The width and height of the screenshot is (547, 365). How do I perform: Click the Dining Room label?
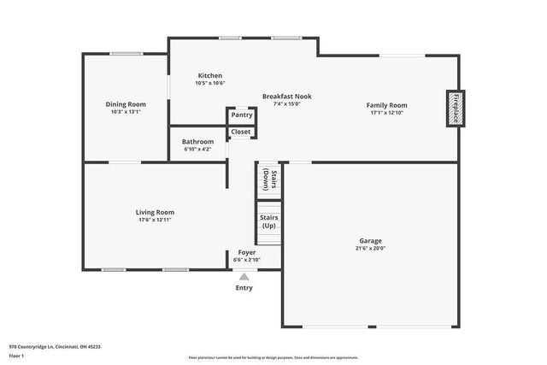(x=125, y=104)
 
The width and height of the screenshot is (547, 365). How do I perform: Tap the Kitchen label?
(x=210, y=75)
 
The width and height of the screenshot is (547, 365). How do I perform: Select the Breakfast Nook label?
(x=286, y=97)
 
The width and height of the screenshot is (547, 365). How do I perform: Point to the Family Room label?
(x=387, y=104)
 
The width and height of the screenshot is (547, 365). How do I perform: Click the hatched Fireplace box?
(x=455, y=109)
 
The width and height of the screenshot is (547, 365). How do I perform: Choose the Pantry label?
(x=241, y=115)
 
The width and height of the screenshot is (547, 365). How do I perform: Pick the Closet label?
(x=241, y=132)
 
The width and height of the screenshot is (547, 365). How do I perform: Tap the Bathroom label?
(x=198, y=141)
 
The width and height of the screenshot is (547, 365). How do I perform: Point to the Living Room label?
(x=155, y=212)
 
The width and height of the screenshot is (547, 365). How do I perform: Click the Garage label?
(x=370, y=240)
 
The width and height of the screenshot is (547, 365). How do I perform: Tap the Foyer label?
(x=246, y=253)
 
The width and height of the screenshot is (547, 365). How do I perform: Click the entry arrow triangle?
(x=244, y=276)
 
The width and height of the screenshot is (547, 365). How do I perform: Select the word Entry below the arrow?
(x=244, y=288)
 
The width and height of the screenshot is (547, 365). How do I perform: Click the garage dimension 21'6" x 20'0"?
(x=370, y=248)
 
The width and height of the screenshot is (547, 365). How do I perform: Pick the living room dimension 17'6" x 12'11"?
(x=155, y=220)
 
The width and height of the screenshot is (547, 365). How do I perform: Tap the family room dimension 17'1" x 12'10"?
(x=387, y=112)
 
